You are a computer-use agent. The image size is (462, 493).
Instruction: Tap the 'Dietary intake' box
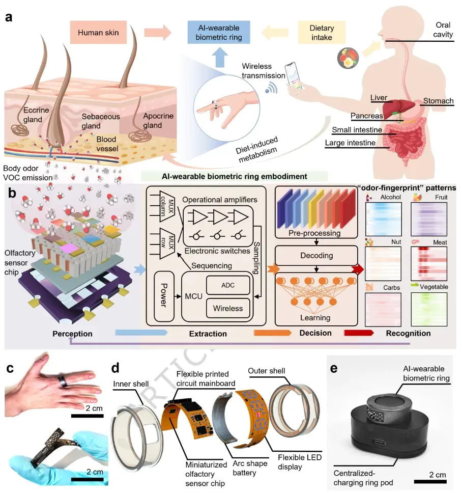(x=314, y=33)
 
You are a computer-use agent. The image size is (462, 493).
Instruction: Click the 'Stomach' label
(x=438, y=101)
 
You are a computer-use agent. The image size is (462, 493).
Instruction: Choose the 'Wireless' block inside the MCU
(x=228, y=309)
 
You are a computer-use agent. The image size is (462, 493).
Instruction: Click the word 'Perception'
(x=71, y=334)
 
